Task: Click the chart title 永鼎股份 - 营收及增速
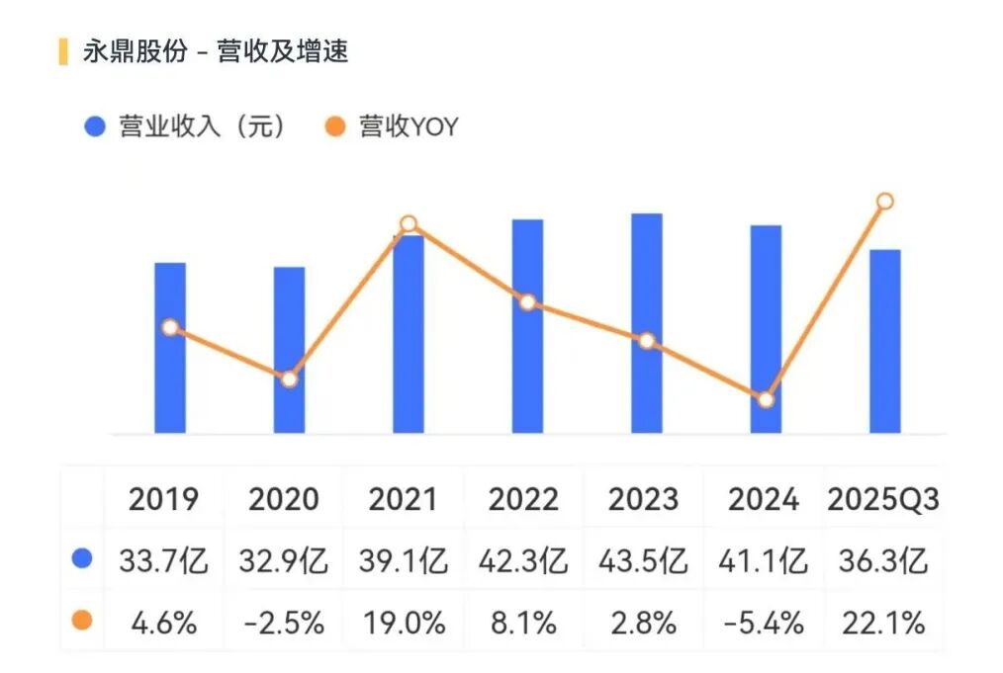click(x=216, y=52)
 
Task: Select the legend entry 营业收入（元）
click(x=188, y=126)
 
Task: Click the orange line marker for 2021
click(x=409, y=224)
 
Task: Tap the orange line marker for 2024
click(x=766, y=399)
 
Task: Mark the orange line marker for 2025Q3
click(x=885, y=202)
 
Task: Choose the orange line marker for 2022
click(x=528, y=301)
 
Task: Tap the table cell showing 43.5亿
click(x=643, y=561)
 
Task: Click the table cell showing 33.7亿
click(x=164, y=561)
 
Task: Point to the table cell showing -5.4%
click(x=763, y=624)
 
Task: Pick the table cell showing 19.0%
click(x=403, y=624)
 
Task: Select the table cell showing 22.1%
click(x=883, y=624)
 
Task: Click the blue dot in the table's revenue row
click(x=83, y=559)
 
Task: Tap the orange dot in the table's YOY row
click(x=83, y=622)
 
